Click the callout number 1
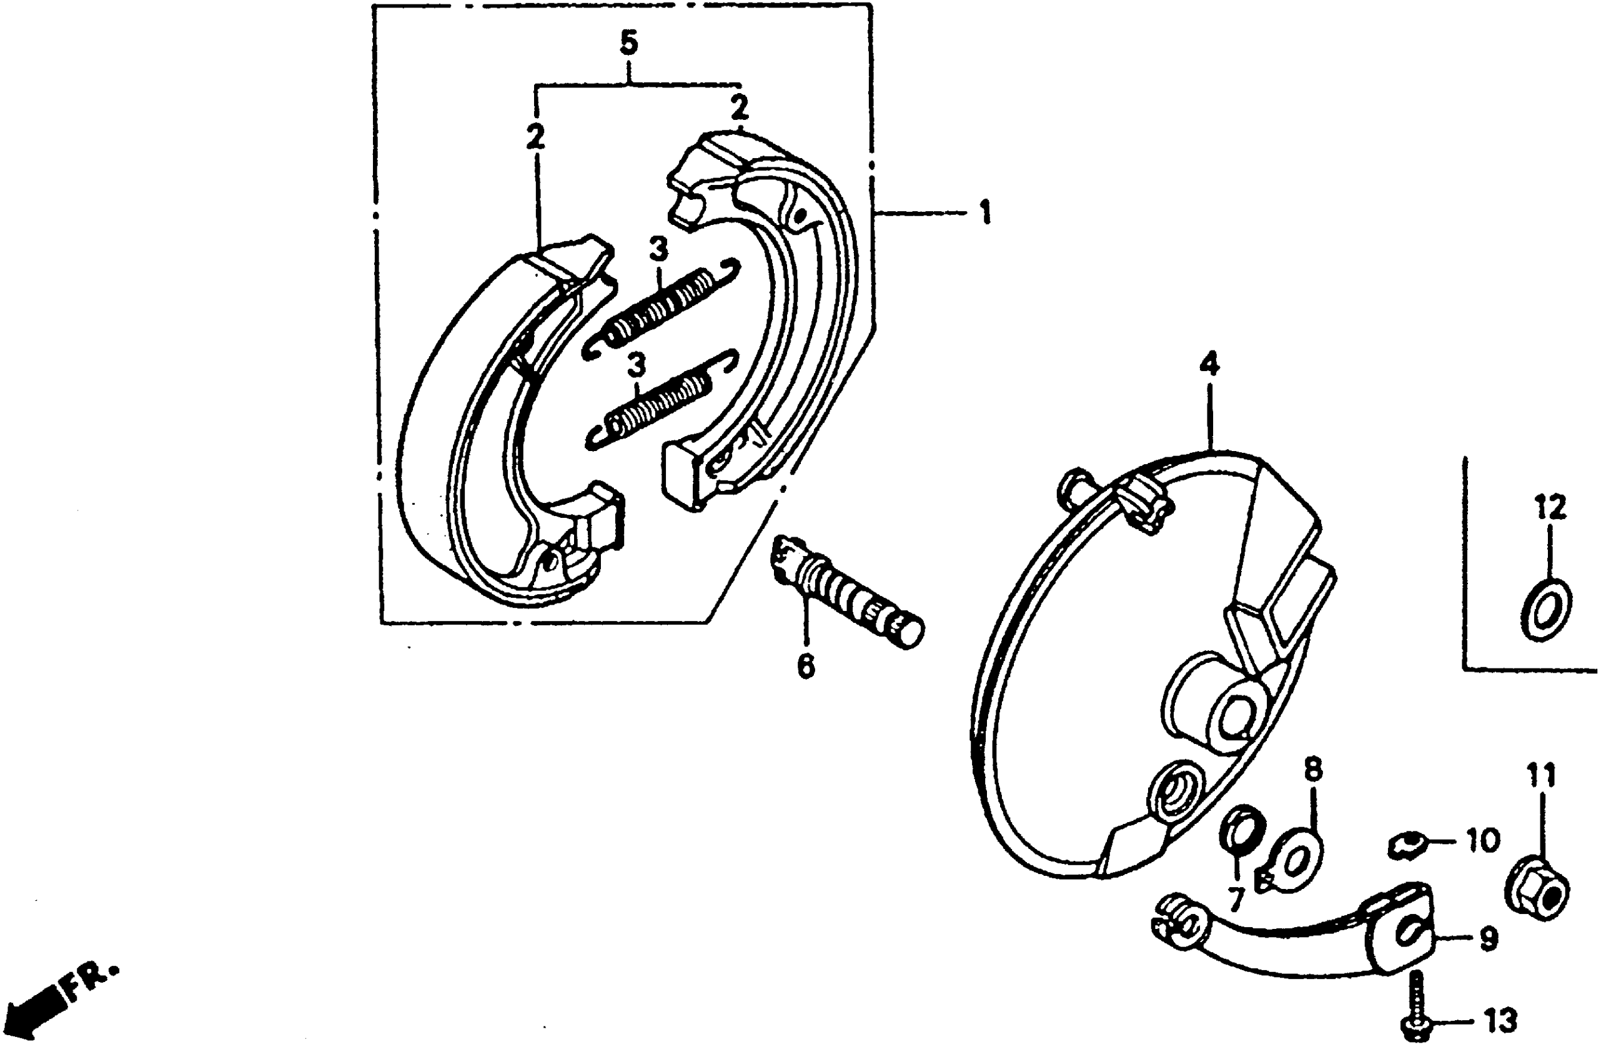pyautogui.click(x=985, y=212)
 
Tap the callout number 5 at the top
pyautogui.click(x=628, y=43)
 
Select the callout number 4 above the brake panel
pyautogui.click(x=1209, y=365)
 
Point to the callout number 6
pyautogui.click(x=805, y=667)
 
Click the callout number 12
pyautogui.click(x=1550, y=508)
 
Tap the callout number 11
pyautogui.click(x=1541, y=776)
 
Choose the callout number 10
pyautogui.click(x=1482, y=841)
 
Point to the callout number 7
pyautogui.click(x=1237, y=900)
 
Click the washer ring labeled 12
pyautogui.click(x=1546, y=610)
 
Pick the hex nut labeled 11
pyautogui.click(x=1537, y=888)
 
